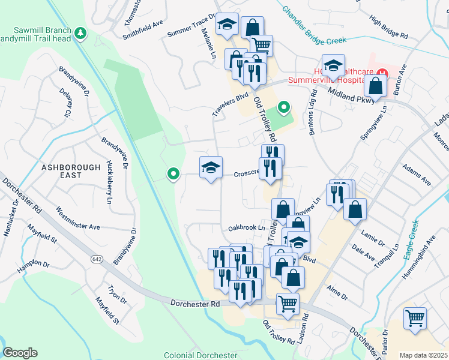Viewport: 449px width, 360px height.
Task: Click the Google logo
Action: (20, 353)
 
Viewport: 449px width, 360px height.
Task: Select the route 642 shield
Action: (97, 259)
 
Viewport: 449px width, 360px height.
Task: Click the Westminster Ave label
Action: (77, 218)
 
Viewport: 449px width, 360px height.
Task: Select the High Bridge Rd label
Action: (389, 28)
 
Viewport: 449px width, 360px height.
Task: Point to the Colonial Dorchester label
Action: (200, 355)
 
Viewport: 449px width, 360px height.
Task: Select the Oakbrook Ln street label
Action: (246, 228)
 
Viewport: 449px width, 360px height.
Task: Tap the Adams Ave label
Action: (417, 174)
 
